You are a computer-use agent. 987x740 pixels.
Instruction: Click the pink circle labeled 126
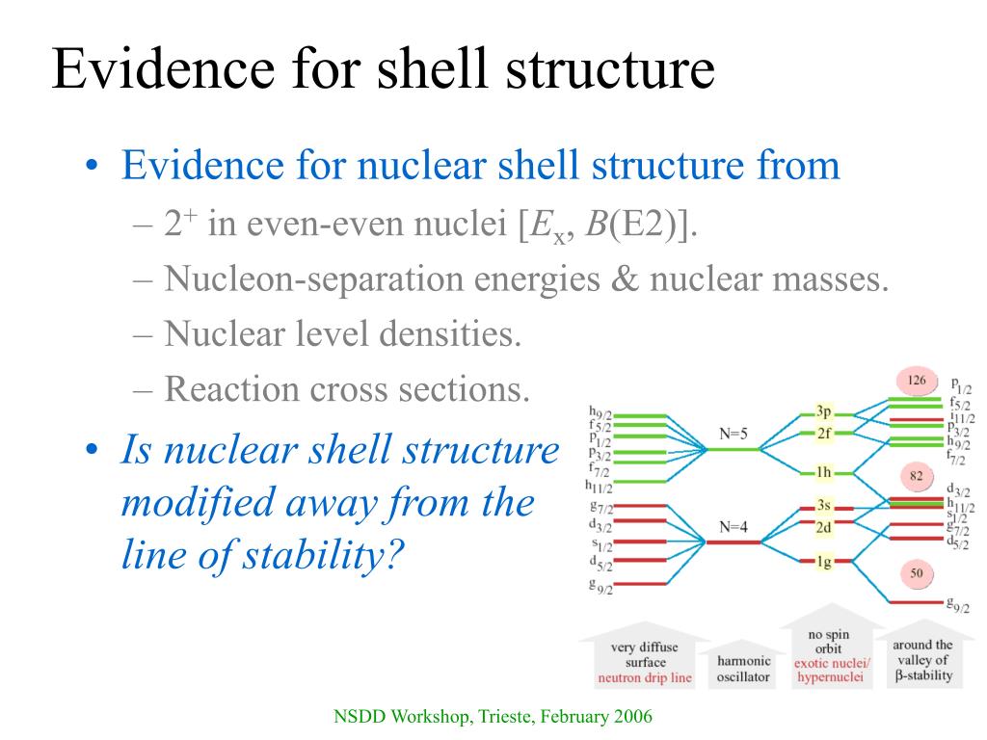coord(917,381)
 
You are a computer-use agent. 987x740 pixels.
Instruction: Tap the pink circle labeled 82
coord(917,476)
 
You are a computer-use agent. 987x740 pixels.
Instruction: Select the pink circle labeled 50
coord(917,574)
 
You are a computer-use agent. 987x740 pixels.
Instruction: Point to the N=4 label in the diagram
coord(734,527)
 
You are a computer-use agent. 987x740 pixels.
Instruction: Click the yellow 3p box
coord(823,411)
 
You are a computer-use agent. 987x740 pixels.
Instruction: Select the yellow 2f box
coord(823,434)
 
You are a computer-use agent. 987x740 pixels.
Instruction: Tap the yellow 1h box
coord(823,472)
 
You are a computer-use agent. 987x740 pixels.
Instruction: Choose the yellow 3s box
coord(823,505)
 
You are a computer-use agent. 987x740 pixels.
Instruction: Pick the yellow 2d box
coord(823,527)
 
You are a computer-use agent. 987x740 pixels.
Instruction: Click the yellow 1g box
coord(823,562)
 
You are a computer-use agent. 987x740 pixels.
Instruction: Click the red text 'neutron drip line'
coord(645,677)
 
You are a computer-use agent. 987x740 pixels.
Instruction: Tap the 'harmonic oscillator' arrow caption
coord(743,669)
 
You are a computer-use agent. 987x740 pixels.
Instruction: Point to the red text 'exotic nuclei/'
coord(830,663)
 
